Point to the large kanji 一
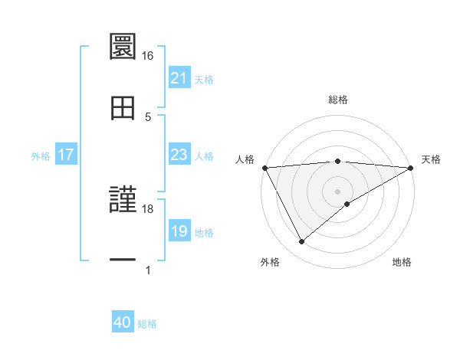(x=123, y=260)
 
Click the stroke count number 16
(x=148, y=56)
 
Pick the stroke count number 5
(x=148, y=116)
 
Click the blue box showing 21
(x=179, y=78)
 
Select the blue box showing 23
(x=179, y=155)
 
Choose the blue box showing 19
(x=179, y=232)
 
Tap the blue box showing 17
(x=65, y=155)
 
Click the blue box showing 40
(x=122, y=323)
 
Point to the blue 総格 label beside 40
(x=147, y=324)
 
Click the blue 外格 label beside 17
(x=41, y=156)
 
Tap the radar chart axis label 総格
(x=337, y=100)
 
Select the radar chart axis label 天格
(x=431, y=159)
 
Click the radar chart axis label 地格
(x=402, y=263)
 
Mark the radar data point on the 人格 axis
(x=264, y=168)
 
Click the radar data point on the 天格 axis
(x=411, y=168)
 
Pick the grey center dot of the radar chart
(x=337, y=191)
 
